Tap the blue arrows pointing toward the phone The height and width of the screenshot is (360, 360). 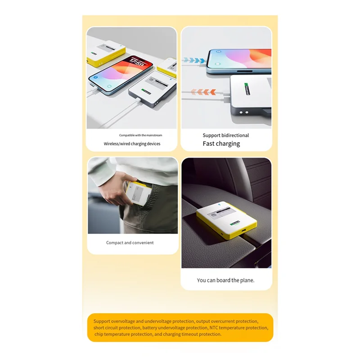[x=195, y=59]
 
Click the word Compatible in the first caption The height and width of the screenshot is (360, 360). [x=128, y=135]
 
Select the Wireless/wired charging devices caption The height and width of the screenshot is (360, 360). [x=132, y=144]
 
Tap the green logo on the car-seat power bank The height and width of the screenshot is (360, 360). [x=234, y=224]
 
